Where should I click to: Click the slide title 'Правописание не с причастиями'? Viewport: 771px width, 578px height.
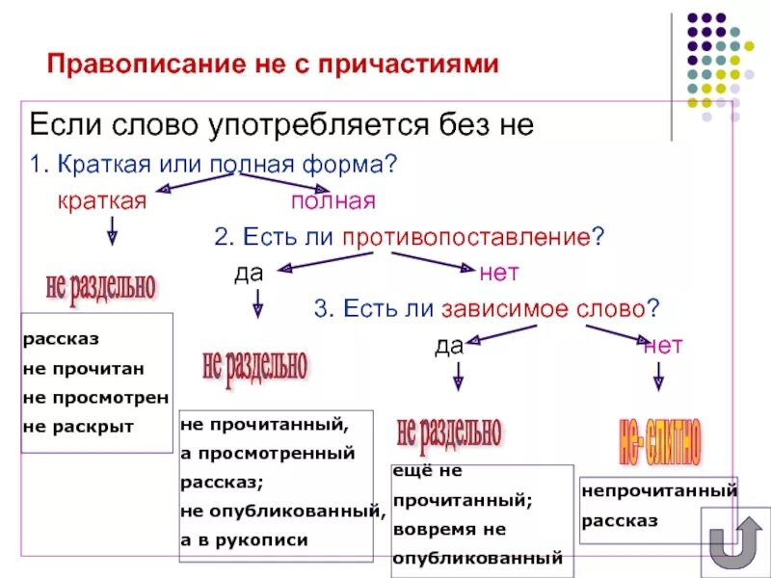tap(274, 65)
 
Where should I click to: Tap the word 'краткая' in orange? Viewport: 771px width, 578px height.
tap(101, 200)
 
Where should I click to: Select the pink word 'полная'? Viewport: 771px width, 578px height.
tap(332, 200)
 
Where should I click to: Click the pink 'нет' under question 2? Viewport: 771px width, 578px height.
tap(499, 273)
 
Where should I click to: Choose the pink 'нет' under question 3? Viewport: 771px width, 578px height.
tap(663, 345)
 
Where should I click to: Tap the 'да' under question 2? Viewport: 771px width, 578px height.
tap(249, 273)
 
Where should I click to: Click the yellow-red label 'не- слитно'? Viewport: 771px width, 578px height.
tap(661, 441)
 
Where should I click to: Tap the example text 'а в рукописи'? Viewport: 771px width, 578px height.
tap(244, 540)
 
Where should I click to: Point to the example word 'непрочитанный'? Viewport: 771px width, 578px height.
tap(659, 491)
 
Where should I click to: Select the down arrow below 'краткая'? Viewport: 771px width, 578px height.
tap(112, 230)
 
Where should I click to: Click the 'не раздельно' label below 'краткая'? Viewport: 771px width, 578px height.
tap(99, 284)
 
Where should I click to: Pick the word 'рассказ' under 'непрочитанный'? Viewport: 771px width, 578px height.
tap(619, 520)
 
